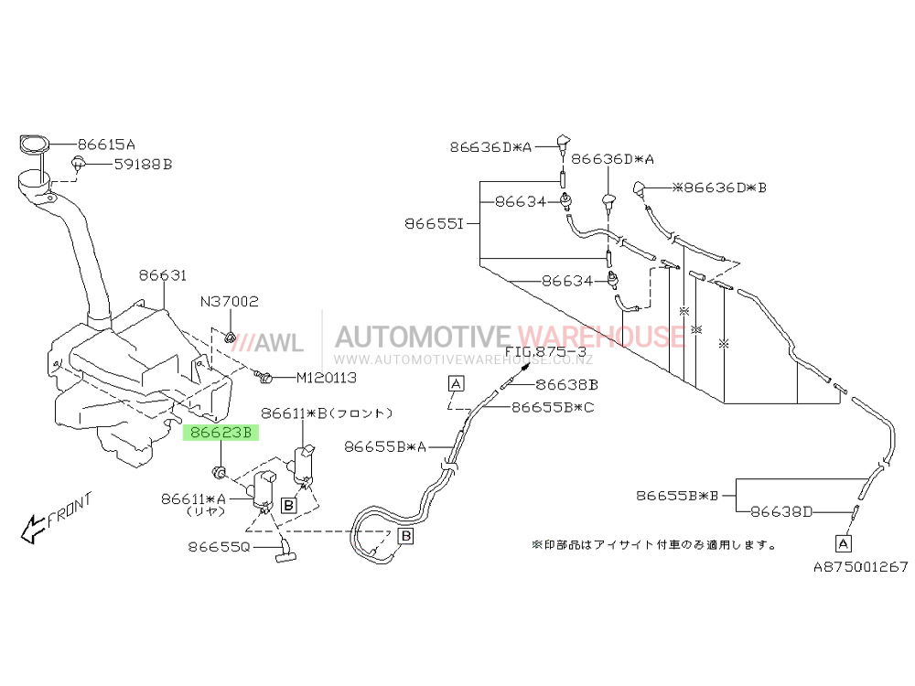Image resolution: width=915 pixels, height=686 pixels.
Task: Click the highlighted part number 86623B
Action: point(221,433)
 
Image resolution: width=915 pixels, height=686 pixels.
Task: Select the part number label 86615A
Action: point(106,145)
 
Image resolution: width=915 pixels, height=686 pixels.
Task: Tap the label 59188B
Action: point(143,165)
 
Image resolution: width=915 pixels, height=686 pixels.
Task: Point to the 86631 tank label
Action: point(163,275)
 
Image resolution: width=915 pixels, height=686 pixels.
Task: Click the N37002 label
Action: point(230,302)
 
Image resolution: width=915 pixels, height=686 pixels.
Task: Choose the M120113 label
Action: point(327,378)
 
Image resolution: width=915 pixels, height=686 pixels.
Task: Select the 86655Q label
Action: point(219,547)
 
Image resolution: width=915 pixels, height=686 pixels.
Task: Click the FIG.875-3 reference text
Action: point(545,352)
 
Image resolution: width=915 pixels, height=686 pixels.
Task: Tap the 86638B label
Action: point(566,385)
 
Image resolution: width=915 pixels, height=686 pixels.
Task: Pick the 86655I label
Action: point(434,224)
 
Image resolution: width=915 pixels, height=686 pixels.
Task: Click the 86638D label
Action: point(781,512)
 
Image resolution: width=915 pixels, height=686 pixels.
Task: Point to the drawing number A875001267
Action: point(861,566)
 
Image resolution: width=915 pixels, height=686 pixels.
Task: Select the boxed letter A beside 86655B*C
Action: point(456,383)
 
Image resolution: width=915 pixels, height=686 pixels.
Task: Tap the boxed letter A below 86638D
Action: point(844,543)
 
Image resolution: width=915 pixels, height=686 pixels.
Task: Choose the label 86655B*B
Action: point(677,496)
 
